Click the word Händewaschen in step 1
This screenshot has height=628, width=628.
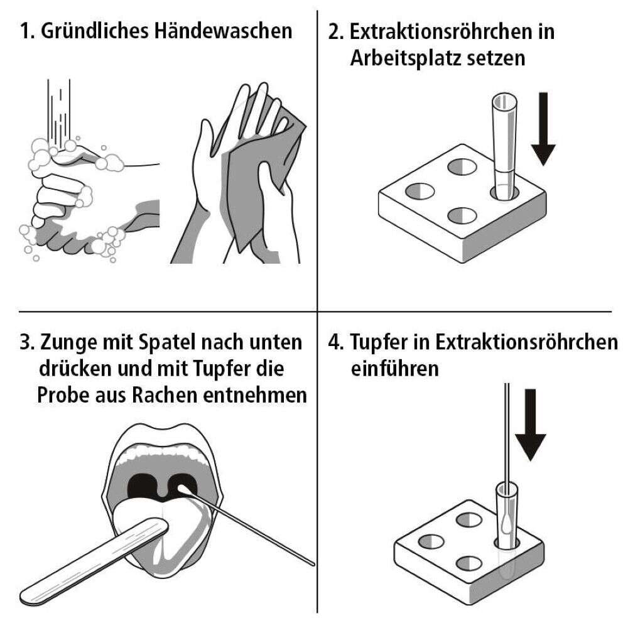click(x=224, y=31)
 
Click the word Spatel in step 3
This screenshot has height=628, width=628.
click(x=168, y=342)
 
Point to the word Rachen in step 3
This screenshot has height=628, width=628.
click(x=164, y=394)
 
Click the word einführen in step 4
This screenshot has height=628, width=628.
click(x=394, y=368)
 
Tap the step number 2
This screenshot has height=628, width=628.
click(x=335, y=31)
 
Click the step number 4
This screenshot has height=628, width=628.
click(x=335, y=342)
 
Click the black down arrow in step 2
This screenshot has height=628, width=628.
click(x=543, y=129)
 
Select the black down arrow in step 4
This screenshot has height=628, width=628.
click(x=530, y=425)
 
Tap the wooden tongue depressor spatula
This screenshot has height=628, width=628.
click(x=95, y=561)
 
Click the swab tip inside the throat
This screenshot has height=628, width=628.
click(x=183, y=489)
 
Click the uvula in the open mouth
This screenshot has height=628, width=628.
click(x=161, y=491)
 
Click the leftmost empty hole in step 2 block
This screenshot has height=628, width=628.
click(x=420, y=191)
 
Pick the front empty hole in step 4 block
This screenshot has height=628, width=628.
click(x=469, y=563)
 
